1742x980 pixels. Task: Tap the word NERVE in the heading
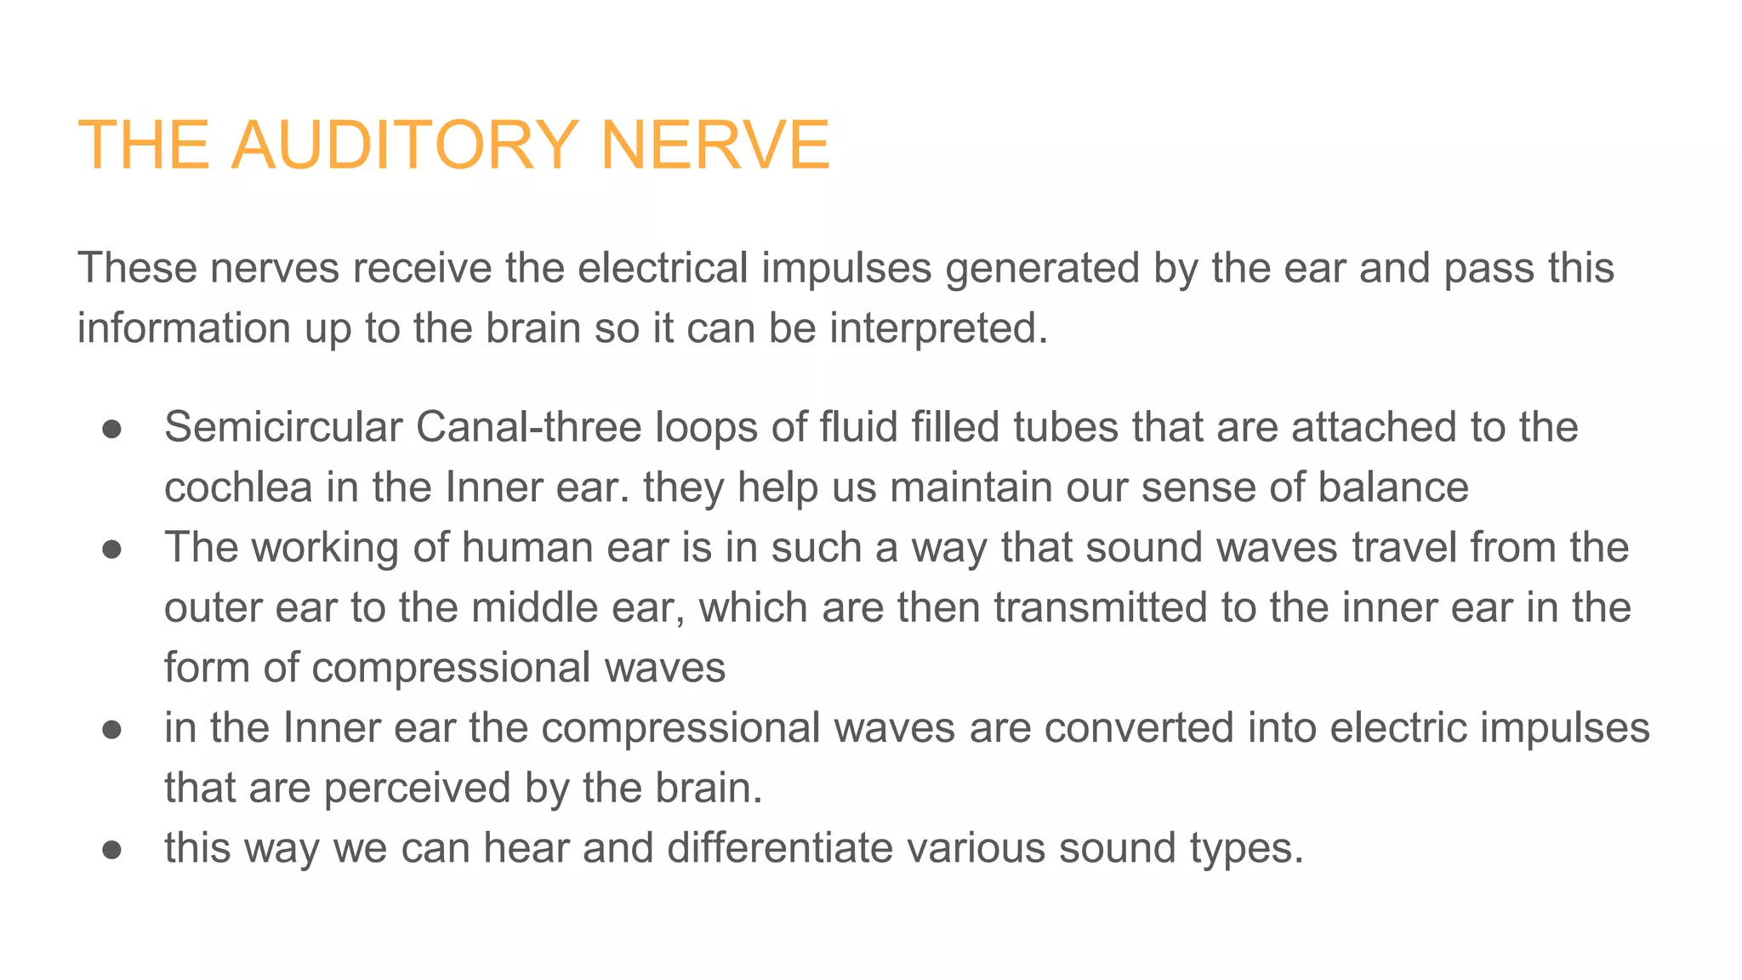714,145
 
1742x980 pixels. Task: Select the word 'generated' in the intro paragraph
1042,268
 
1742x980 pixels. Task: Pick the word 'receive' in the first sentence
422,268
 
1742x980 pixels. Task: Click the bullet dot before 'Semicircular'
112,429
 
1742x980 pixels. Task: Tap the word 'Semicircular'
282,427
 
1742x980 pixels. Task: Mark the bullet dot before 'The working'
112,550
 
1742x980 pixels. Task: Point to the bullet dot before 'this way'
112,850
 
